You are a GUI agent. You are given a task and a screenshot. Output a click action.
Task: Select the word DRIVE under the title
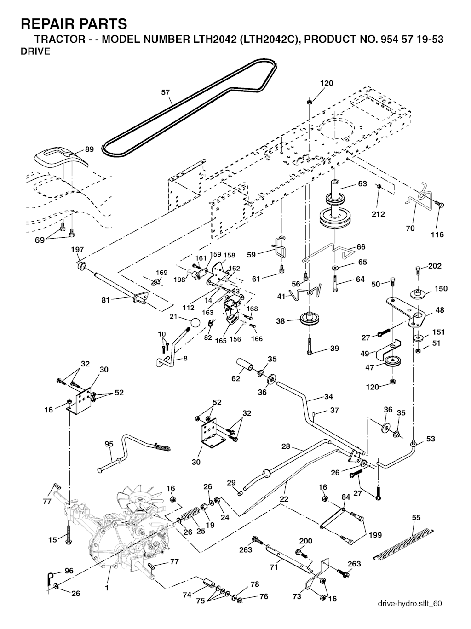(x=35, y=51)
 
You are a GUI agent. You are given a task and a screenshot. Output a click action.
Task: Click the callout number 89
(x=89, y=149)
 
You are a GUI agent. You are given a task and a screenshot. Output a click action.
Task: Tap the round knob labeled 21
(x=195, y=322)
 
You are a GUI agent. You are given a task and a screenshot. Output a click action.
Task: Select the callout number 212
(x=378, y=214)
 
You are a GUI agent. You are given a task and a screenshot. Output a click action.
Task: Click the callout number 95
(x=109, y=444)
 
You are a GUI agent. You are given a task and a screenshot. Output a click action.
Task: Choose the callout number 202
(x=435, y=266)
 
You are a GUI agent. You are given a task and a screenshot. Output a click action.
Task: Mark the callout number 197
(x=77, y=250)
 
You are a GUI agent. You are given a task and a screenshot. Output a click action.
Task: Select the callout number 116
(x=437, y=234)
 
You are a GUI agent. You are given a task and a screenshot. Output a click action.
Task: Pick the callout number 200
(x=305, y=541)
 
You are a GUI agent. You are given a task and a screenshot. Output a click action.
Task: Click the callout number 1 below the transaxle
(x=106, y=587)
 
